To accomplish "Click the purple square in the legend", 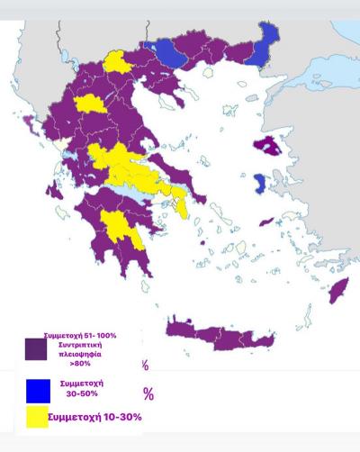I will [36, 348].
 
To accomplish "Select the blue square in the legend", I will [37, 391].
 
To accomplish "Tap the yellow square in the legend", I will [37, 418].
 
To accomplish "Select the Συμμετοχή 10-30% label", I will [94, 417].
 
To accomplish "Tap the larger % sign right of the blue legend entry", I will [148, 393].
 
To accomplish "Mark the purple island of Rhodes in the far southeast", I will [338, 291].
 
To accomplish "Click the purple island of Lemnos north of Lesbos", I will [267, 145].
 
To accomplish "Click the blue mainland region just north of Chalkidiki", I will [171, 53].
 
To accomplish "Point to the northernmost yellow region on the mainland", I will [117, 61].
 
